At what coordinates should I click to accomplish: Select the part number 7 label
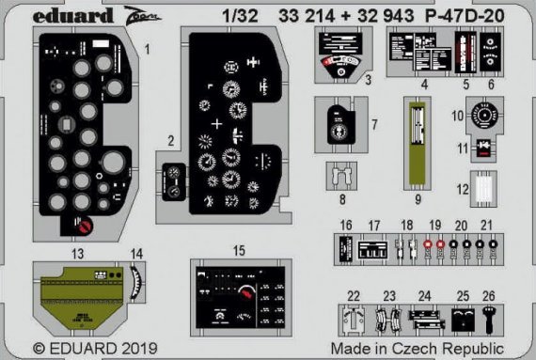(x=375, y=123)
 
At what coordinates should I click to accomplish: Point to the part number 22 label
(x=353, y=296)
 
